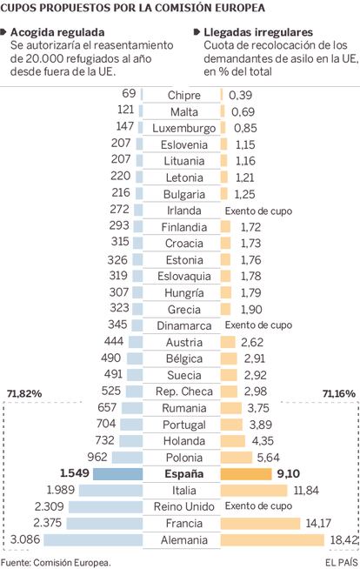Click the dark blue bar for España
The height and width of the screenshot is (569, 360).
click(x=117, y=474)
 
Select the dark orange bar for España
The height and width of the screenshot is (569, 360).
click(x=246, y=474)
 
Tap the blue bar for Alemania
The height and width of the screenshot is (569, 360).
click(x=94, y=539)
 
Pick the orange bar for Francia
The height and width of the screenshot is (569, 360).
click(x=260, y=523)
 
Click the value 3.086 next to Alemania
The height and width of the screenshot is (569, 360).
click(x=25, y=539)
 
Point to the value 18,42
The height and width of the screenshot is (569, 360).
click(x=344, y=540)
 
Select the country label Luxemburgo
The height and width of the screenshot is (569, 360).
click(x=183, y=128)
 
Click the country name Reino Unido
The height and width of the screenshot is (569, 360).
click(x=183, y=506)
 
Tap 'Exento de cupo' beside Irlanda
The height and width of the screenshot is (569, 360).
click(x=258, y=211)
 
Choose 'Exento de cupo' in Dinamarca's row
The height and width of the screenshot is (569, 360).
click(x=258, y=325)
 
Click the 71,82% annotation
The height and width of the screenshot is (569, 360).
click(x=24, y=393)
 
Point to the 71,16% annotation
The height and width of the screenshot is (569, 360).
click(x=338, y=393)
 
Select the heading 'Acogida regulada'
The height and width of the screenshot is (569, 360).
click(x=57, y=32)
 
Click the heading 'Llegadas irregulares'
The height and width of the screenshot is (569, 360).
click(x=258, y=32)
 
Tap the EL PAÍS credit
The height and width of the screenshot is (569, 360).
click(x=342, y=562)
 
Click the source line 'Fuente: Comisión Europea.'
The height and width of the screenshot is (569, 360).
click(x=56, y=562)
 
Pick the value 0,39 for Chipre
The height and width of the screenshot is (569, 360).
click(x=240, y=95)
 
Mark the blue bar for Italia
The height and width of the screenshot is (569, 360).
click(x=111, y=491)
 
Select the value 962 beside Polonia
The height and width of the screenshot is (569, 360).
click(x=97, y=457)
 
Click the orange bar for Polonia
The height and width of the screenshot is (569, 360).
click(x=236, y=458)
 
